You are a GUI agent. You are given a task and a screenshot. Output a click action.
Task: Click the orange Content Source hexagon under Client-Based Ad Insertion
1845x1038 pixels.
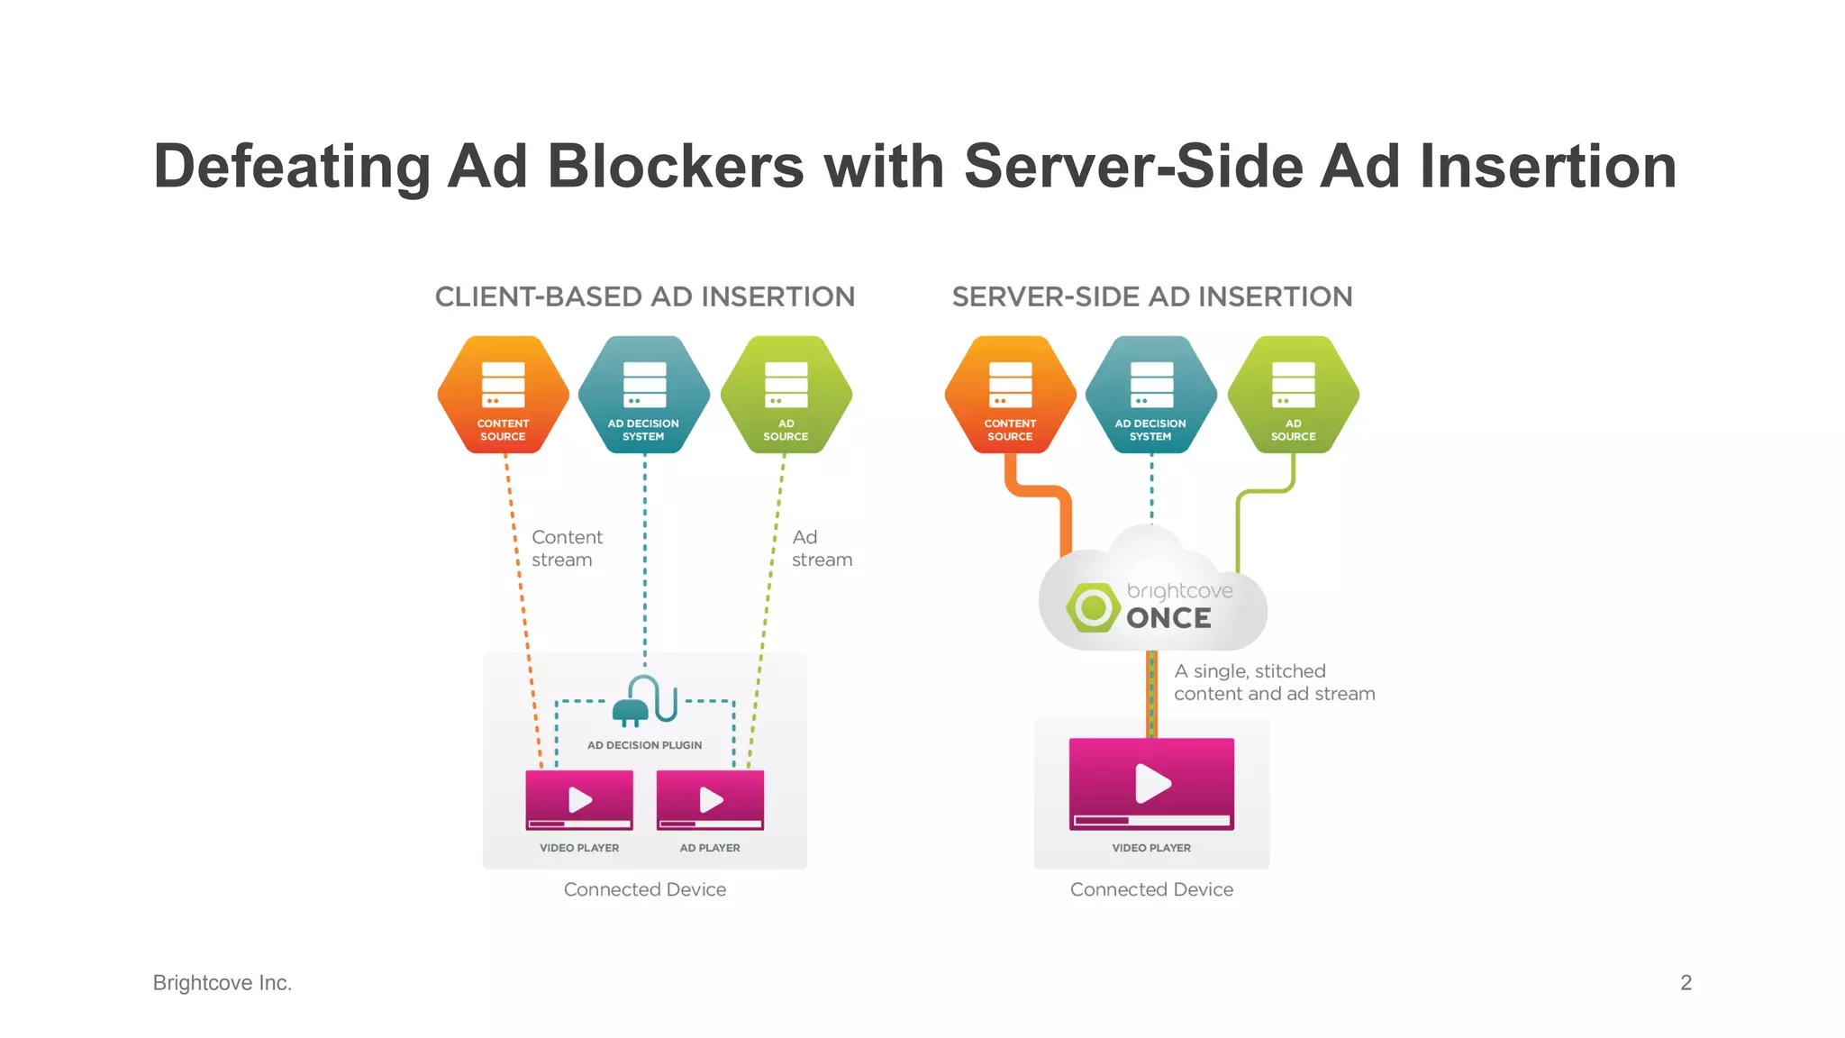coord(503,395)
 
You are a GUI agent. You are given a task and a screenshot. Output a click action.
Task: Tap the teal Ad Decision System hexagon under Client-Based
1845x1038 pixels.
coord(644,395)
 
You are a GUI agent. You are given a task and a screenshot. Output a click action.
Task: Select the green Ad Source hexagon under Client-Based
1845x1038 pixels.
coord(786,395)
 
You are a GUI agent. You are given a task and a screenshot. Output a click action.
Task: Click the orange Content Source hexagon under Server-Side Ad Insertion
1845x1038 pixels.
coord(1010,395)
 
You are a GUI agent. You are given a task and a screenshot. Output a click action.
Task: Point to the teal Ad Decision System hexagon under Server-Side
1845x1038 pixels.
coord(1150,395)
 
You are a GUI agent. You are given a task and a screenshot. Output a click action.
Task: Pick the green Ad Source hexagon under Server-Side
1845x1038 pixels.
coord(1293,395)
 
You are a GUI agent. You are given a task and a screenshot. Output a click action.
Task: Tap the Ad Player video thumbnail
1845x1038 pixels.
coord(710,799)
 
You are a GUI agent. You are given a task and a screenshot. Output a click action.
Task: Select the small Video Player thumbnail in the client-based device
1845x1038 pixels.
coord(579,799)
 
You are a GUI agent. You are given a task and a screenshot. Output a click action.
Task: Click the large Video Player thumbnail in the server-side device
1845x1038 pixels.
coord(1151,783)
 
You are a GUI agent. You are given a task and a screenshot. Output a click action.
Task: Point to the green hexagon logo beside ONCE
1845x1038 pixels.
coord(1094,607)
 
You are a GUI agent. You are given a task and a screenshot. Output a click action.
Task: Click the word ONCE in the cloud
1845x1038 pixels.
coord(1168,618)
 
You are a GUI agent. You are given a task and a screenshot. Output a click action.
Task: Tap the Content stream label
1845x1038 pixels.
coord(566,548)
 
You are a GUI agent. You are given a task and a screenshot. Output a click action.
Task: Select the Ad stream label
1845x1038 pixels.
coord(821,548)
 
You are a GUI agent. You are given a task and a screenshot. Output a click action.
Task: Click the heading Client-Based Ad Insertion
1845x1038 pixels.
coord(644,296)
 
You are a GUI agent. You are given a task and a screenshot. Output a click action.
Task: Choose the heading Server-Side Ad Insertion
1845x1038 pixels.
coord(1152,296)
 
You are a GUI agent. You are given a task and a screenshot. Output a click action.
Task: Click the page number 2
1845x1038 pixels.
coord(1686,982)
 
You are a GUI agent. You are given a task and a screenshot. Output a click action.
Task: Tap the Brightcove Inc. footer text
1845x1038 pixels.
coord(223,982)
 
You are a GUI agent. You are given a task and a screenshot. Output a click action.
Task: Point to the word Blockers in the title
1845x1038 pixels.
coord(676,167)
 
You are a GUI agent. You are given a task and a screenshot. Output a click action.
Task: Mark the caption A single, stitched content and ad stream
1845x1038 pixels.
coord(1274,682)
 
